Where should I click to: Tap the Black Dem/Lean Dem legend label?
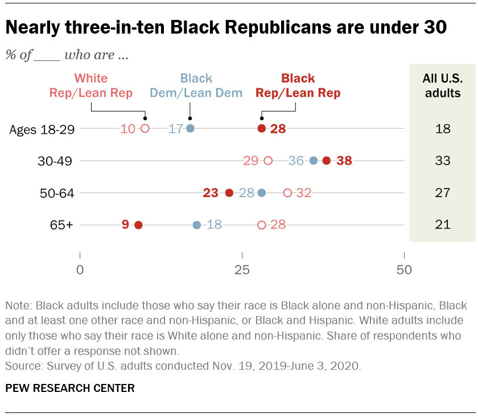tap(196, 85)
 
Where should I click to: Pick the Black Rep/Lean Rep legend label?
tap(298, 85)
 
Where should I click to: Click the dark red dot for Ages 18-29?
tap(262, 128)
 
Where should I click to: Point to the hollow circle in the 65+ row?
tap(262, 225)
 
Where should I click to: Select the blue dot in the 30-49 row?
tap(314, 161)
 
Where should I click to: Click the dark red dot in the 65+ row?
tap(138, 225)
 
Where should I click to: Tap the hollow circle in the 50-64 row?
tap(287, 193)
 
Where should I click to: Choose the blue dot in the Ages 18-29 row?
tap(190, 128)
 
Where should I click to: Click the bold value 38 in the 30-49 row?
tap(344, 161)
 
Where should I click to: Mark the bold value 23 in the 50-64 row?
tap(211, 193)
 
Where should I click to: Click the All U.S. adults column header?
tap(443, 85)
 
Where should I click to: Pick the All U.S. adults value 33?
tap(443, 161)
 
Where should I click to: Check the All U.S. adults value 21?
tap(443, 225)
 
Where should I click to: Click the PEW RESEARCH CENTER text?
tap(70, 389)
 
